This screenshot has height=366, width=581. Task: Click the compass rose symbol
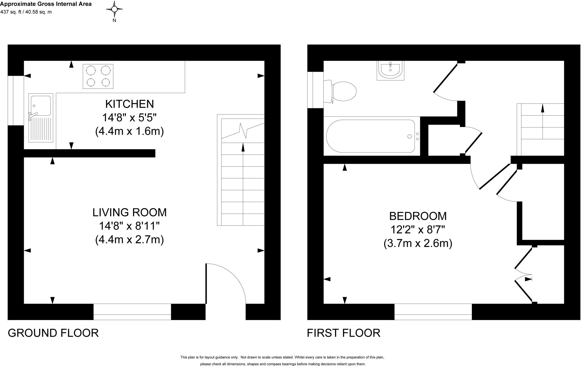point(114,9)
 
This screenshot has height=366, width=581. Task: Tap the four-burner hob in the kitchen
point(98,76)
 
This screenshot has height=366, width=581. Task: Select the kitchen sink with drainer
point(41,118)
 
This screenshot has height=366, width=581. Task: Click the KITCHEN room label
point(129,104)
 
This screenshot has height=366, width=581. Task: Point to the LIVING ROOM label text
point(129,212)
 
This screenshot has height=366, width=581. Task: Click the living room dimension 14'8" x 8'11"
point(129,226)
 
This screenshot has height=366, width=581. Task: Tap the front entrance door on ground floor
point(226,284)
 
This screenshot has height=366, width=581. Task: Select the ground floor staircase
point(241,170)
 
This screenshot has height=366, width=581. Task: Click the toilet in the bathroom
point(342,91)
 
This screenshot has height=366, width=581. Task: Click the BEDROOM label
point(418,216)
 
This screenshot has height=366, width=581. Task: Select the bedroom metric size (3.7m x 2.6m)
point(418,244)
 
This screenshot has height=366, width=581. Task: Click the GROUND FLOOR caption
point(53,333)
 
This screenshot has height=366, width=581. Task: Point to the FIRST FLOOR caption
point(343,333)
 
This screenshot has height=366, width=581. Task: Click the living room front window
point(132,312)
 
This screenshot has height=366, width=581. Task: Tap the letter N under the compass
point(114,20)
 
